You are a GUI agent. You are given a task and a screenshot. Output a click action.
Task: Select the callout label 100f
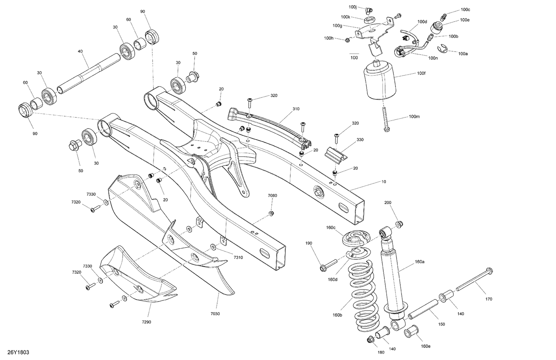pos(421,73)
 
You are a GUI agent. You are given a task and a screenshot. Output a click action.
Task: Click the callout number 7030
pos(215,314)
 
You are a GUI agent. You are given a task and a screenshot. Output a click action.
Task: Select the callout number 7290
pos(146,322)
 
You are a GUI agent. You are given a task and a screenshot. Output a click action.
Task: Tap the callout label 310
pos(296,109)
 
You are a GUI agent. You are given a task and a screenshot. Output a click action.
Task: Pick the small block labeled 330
pos(336,156)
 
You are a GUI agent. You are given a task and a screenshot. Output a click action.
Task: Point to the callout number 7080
pos(272,195)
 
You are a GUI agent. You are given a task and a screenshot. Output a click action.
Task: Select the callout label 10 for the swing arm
pos(384,182)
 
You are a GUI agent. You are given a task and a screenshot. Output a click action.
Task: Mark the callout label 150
pos(441,324)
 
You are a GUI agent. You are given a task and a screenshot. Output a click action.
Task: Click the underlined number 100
pos(354,58)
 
